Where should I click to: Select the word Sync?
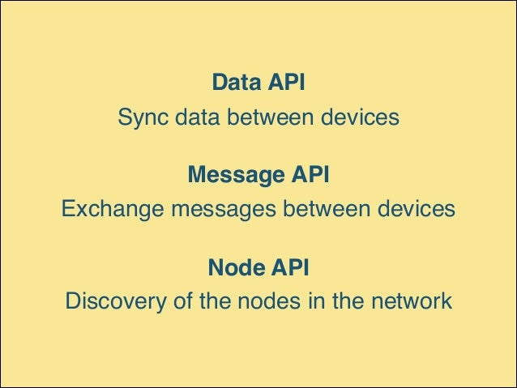click(x=140, y=117)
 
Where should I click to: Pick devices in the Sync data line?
click(x=358, y=117)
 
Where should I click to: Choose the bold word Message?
click(x=235, y=175)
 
